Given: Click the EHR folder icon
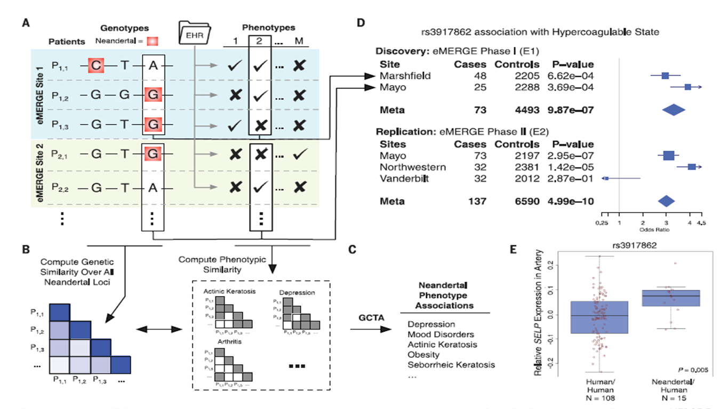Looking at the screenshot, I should point(195,35).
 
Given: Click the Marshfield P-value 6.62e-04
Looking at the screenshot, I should point(571,76).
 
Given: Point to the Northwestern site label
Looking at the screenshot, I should point(412,167).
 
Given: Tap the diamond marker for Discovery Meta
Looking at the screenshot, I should point(673,109).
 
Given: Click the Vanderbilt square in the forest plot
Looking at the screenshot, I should point(605,178).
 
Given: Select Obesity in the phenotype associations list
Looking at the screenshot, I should point(423,355).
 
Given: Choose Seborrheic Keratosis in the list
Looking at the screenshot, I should point(451,365).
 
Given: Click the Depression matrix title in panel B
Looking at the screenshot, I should point(297,293).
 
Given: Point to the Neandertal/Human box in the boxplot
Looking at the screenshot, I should point(670,298).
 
